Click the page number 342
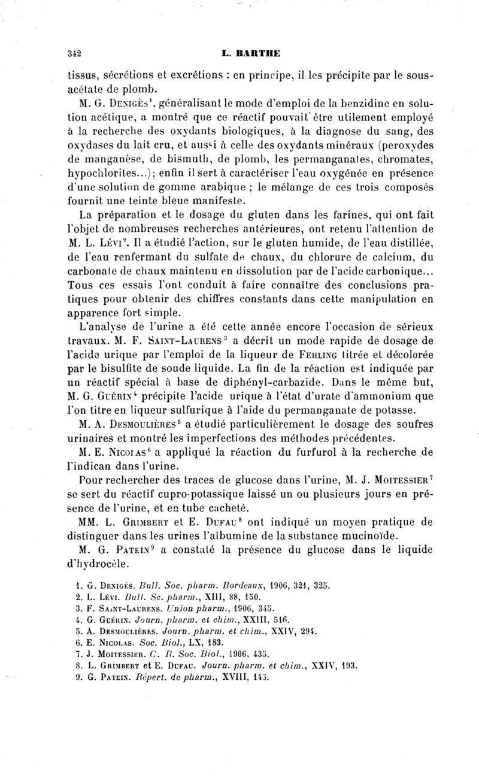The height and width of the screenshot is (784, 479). click(75, 52)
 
